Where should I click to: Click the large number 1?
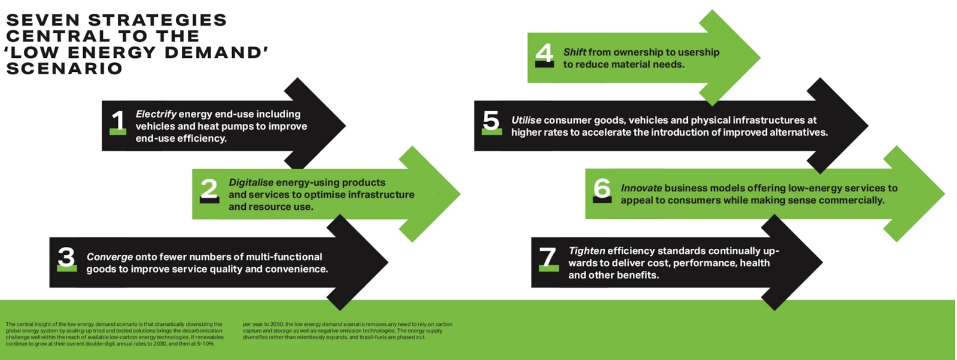[x=118, y=121]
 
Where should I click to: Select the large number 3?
[x=66, y=257]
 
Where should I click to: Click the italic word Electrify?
[x=156, y=114]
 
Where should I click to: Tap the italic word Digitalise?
[x=251, y=182]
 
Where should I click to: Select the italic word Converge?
[x=109, y=257]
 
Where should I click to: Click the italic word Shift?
[x=574, y=52]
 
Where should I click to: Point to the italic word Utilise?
[x=526, y=120]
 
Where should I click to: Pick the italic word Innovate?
[x=641, y=188]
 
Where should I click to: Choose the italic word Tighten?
[x=586, y=251]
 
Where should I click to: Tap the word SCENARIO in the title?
[x=64, y=68]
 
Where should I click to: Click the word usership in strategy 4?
[x=698, y=52]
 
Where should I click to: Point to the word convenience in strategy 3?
[x=296, y=269]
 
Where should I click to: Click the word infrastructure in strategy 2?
[x=378, y=194]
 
